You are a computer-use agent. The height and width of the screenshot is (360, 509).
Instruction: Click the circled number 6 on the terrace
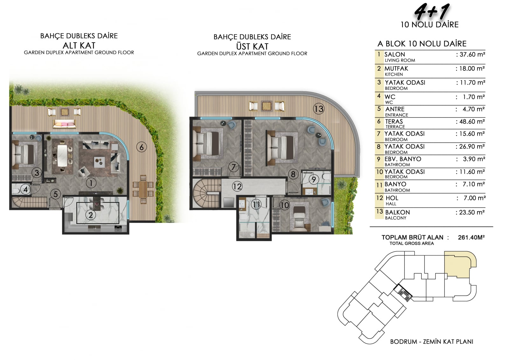[x=141, y=147]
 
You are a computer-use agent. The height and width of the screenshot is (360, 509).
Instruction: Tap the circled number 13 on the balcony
[x=318, y=109]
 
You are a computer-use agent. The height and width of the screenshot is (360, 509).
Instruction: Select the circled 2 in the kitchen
[x=91, y=215]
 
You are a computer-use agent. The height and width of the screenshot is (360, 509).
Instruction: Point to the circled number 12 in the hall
[x=237, y=187]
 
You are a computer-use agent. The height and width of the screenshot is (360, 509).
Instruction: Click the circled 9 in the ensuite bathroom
[x=314, y=180]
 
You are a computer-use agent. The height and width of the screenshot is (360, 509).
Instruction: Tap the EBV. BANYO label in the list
[x=403, y=159]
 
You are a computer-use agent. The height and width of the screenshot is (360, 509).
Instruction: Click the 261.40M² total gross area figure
[x=471, y=237]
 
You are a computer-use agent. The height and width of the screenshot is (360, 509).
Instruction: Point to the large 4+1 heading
[x=431, y=12]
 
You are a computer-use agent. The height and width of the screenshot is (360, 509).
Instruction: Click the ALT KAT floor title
[x=79, y=46]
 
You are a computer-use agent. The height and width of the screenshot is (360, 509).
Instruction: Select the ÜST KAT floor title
[x=252, y=46]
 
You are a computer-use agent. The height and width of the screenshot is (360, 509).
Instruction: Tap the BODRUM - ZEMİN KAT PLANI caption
[x=431, y=342]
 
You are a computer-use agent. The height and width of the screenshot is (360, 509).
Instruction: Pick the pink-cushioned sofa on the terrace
[x=64, y=124]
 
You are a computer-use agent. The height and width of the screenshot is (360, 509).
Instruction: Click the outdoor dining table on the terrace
[x=143, y=189]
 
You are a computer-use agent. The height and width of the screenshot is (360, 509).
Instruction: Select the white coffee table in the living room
[x=100, y=162]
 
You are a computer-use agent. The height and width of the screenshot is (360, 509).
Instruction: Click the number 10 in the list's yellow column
[x=380, y=172]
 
